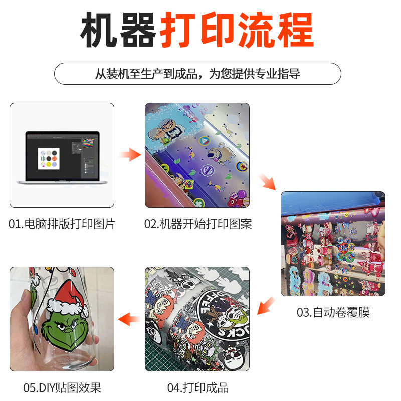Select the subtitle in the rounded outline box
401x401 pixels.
coord(197,74)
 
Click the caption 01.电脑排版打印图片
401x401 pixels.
coord(62,224)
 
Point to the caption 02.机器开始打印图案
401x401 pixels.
coord(198,224)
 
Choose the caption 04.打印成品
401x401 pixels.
coord(197,387)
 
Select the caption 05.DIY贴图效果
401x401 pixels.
coord(62,387)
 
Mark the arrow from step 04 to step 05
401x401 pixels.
coord(129,318)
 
